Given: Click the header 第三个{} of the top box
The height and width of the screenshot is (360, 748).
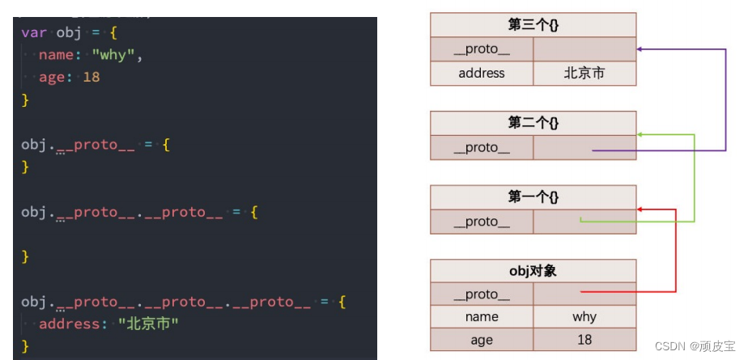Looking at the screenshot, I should click(x=533, y=24).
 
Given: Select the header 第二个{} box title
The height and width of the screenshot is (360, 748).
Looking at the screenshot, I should click(x=533, y=123).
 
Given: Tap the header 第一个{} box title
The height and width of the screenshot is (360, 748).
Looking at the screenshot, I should click(x=533, y=197).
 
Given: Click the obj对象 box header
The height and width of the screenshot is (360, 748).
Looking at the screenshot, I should click(x=533, y=270).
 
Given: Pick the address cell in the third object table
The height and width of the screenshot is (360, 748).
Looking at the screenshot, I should click(x=482, y=74).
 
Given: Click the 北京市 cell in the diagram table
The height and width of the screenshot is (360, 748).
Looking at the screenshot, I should click(x=584, y=74).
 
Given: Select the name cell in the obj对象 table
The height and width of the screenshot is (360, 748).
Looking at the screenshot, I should click(x=482, y=317).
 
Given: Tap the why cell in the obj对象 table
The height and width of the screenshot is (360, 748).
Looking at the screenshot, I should click(x=584, y=317).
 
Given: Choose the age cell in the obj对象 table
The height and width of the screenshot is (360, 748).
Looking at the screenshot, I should click(x=482, y=340).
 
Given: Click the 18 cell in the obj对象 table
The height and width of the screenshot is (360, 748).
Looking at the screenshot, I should click(x=584, y=340).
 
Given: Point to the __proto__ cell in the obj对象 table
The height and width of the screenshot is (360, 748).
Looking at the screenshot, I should click(x=482, y=294).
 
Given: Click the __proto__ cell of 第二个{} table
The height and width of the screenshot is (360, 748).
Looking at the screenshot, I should click(x=482, y=147).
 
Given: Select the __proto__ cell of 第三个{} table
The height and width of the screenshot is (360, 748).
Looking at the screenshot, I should click(x=482, y=49).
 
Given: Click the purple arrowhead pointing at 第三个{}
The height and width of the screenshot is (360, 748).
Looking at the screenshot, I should click(x=640, y=49).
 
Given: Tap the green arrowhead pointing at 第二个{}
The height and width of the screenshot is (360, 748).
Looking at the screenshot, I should click(x=640, y=134).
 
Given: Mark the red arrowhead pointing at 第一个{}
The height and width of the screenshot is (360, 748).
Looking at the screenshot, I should click(x=640, y=210).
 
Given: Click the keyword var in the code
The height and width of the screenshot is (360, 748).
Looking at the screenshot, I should click(x=33, y=32).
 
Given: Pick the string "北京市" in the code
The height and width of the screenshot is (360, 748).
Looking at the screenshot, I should click(x=147, y=324).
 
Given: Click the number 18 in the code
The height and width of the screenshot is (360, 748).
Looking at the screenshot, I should click(x=91, y=78).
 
